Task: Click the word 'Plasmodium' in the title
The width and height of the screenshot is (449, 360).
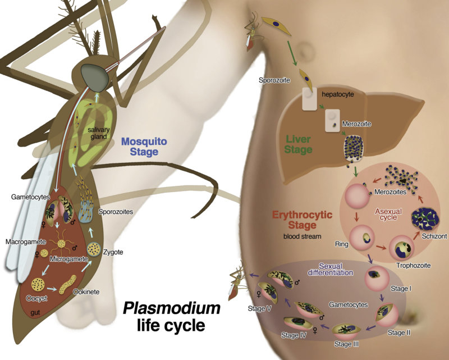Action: click(x=172, y=308)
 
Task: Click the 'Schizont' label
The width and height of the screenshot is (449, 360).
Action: click(x=436, y=236)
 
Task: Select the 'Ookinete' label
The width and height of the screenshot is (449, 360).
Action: click(x=84, y=292)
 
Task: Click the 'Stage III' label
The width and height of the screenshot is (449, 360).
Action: click(x=346, y=343)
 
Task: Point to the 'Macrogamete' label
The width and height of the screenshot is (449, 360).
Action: click(x=21, y=240)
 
